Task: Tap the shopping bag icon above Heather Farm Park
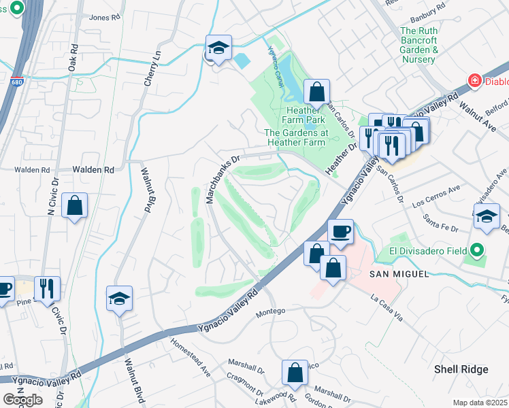point(316,91)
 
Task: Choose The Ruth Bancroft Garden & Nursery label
point(418,45)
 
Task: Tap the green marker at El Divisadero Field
point(477,250)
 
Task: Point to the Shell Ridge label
point(461,369)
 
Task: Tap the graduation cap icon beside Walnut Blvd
point(120,299)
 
